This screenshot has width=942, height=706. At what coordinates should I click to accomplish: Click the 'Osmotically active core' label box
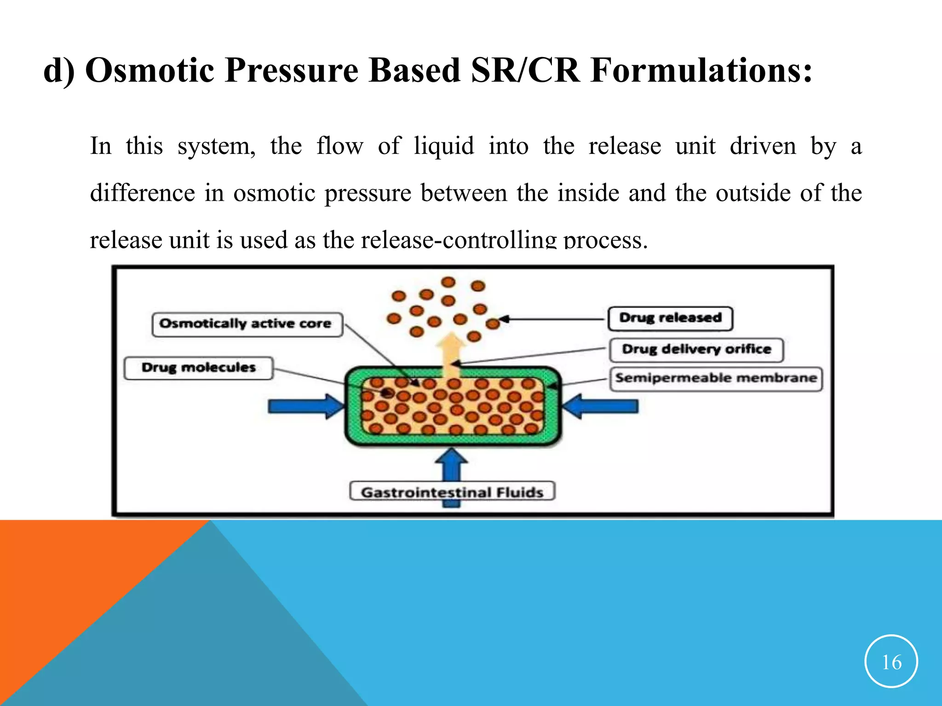pos(247,325)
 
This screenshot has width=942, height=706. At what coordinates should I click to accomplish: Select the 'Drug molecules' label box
pos(198,368)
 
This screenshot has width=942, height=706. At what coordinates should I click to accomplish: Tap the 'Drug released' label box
pos(670,319)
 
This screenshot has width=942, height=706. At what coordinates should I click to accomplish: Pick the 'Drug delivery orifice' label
pos(696,350)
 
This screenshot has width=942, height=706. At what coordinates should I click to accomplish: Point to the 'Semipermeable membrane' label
pos(716,379)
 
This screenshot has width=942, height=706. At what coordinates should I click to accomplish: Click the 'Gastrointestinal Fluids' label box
pos(452,492)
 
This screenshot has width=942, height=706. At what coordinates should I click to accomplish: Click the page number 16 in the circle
pos(891,662)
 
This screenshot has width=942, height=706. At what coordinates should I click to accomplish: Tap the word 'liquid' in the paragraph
pos(444,146)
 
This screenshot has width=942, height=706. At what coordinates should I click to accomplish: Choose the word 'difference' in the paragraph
pos(142,193)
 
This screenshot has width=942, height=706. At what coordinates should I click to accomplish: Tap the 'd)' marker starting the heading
pos(58,71)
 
